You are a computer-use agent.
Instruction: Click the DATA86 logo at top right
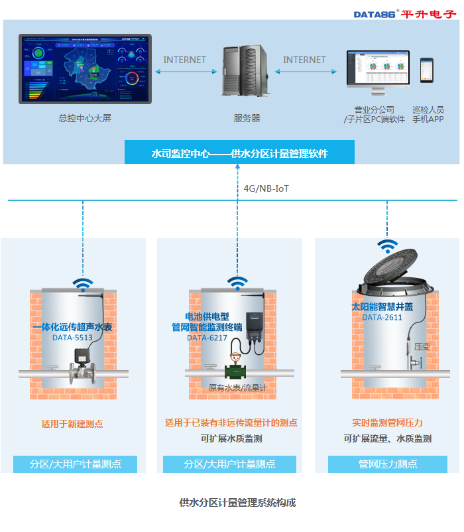[405, 13]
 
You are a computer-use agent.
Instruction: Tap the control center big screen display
[85, 68]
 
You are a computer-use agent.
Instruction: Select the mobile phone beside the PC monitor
[428, 70]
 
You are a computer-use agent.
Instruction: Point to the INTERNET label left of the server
[185, 60]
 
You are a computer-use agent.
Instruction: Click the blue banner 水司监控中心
[239, 153]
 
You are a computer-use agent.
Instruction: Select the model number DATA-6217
[207, 338]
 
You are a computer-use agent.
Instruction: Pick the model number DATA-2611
[382, 318]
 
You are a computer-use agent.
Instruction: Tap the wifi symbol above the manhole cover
[388, 245]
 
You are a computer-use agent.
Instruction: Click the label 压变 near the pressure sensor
[422, 346]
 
